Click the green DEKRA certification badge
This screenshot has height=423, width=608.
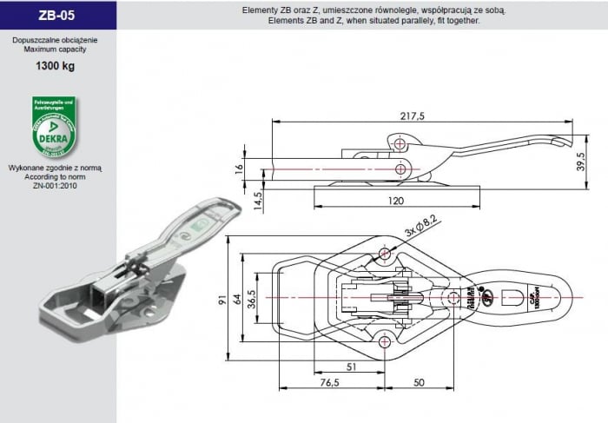point(54,126)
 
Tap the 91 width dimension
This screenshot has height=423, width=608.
point(223,299)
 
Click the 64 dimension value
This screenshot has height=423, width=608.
point(238,299)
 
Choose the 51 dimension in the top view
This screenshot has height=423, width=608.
point(352,367)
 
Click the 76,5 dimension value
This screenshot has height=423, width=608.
point(329,382)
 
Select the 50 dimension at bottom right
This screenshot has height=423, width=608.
point(419,382)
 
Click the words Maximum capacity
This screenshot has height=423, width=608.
point(54,50)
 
